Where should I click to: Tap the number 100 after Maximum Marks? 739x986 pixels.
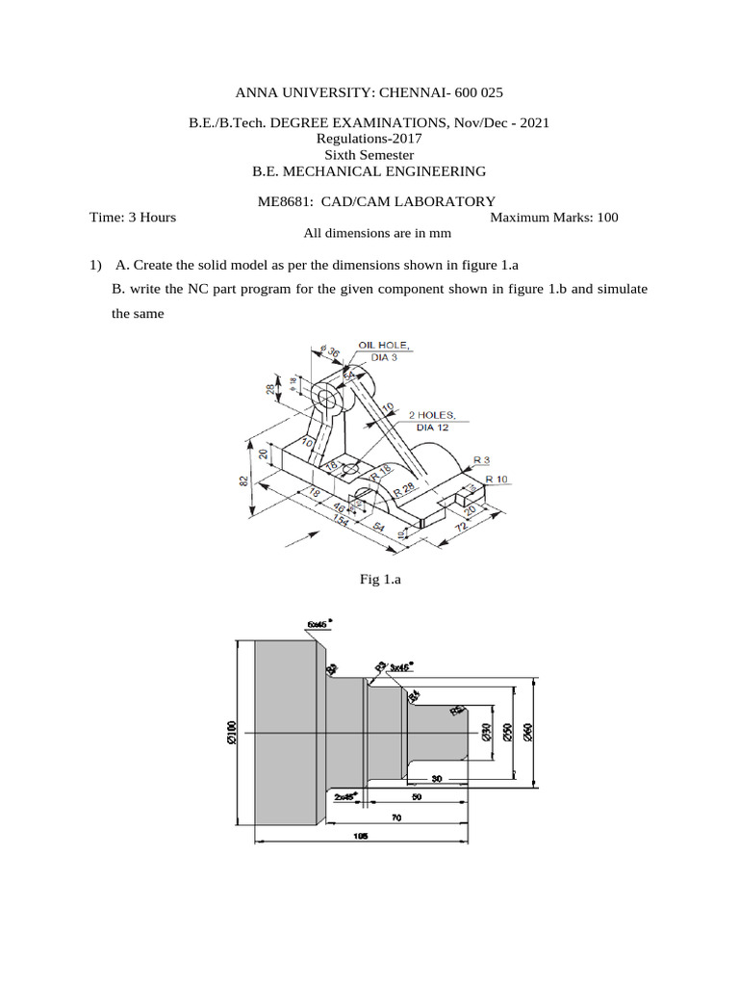pyautogui.click(x=607, y=217)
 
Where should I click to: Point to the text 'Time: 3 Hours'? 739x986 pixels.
pyautogui.click(x=133, y=217)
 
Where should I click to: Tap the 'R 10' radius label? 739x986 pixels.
pyautogui.click(x=497, y=479)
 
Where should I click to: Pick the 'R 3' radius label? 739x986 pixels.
pyautogui.click(x=481, y=460)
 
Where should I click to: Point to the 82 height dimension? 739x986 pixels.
pyautogui.click(x=244, y=479)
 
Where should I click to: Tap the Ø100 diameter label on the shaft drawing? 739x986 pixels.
pyautogui.click(x=231, y=733)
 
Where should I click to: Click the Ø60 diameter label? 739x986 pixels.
pyautogui.click(x=527, y=734)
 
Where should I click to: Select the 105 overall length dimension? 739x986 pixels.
pyautogui.click(x=362, y=836)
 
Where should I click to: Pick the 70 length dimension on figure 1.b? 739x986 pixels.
pyautogui.click(x=395, y=817)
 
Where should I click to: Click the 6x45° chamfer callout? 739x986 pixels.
pyautogui.click(x=317, y=624)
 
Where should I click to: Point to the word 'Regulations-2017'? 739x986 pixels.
pyautogui.click(x=369, y=138)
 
